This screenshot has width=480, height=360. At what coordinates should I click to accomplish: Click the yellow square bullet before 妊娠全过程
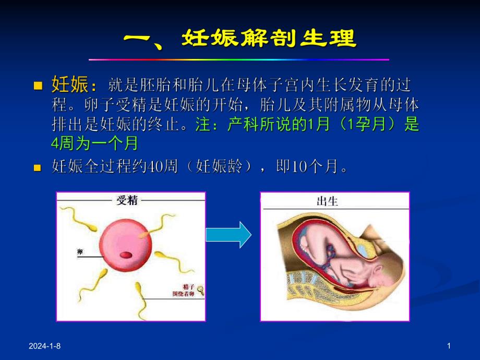tap(37, 168)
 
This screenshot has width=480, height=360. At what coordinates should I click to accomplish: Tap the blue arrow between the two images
tap(229, 235)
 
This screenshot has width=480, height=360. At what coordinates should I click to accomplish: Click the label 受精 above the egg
tap(127, 199)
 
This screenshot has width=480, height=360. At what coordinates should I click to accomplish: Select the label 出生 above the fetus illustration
tap(328, 201)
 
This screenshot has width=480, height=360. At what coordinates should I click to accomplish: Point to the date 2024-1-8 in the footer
tap(45, 346)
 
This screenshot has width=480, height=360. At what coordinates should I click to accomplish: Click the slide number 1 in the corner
tap(448, 346)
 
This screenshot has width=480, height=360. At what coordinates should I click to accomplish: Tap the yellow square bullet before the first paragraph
tap(37, 85)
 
